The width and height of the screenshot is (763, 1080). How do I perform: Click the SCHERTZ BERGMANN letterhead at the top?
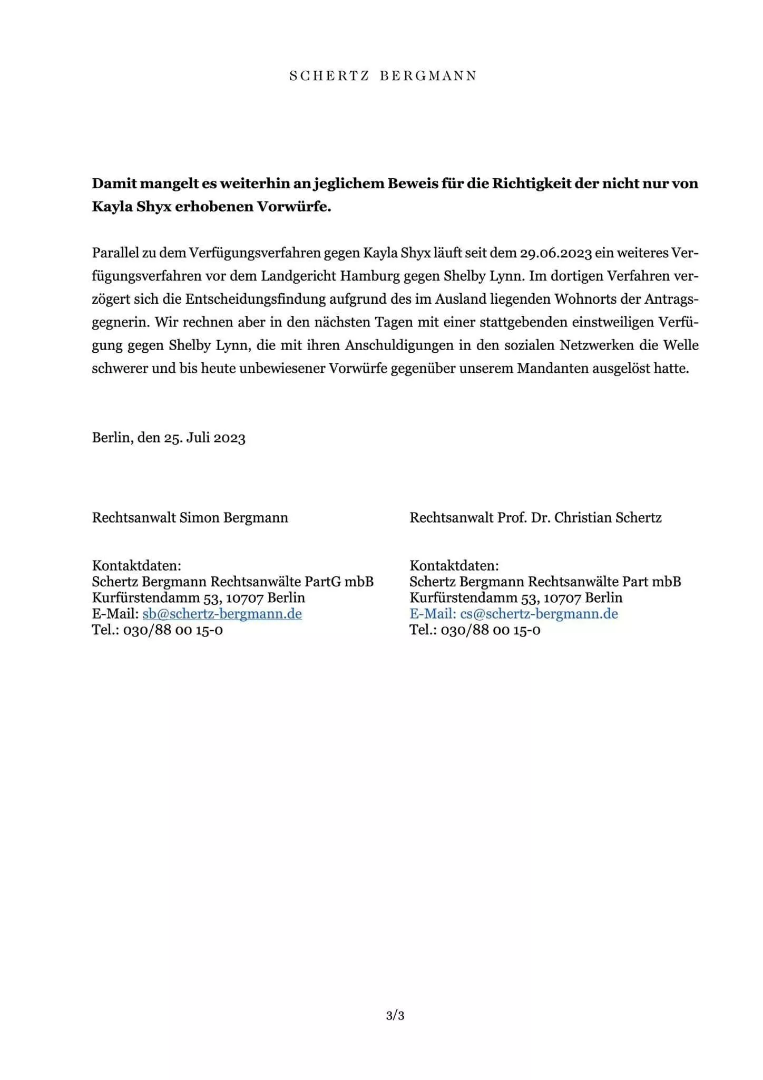(383, 76)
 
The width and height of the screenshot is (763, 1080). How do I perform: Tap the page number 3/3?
(395, 1016)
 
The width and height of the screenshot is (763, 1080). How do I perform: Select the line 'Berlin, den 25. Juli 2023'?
(169, 438)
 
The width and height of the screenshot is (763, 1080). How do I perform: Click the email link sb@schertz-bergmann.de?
(222, 614)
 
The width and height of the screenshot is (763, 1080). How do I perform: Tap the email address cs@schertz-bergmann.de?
(539, 614)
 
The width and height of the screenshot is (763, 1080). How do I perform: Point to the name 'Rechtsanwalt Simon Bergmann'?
(190, 518)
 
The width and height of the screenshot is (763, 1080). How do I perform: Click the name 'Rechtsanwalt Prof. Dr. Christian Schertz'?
(535, 518)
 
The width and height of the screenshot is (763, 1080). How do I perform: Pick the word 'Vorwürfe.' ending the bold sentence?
(294, 207)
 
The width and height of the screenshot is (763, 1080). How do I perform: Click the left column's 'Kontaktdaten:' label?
(136, 566)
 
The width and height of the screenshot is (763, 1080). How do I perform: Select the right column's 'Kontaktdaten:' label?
(454, 566)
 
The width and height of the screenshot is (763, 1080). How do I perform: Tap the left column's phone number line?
(157, 630)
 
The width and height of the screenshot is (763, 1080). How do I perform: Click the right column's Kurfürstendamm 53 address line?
(516, 598)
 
